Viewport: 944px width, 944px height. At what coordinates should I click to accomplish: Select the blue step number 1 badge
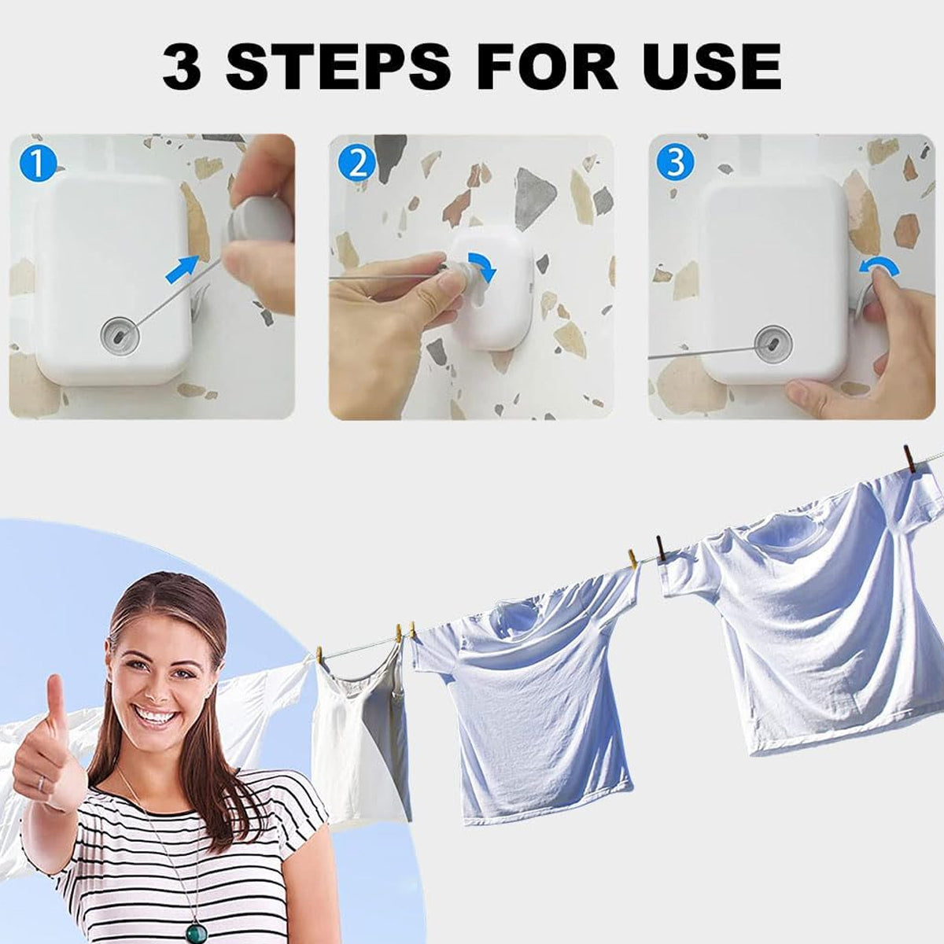click(x=39, y=164)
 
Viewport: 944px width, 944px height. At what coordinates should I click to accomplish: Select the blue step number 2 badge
click(x=357, y=164)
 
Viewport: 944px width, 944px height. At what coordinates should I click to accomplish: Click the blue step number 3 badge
click(x=676, y=163)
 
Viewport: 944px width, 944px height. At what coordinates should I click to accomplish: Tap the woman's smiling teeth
click(x=153, y=717)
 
